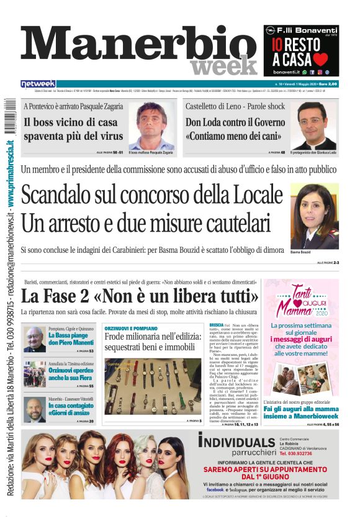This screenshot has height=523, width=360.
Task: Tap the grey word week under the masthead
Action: click(223, 65)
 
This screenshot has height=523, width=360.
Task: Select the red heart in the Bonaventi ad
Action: click(320, 59)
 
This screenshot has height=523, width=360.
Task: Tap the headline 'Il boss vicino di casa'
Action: click(71, 122)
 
